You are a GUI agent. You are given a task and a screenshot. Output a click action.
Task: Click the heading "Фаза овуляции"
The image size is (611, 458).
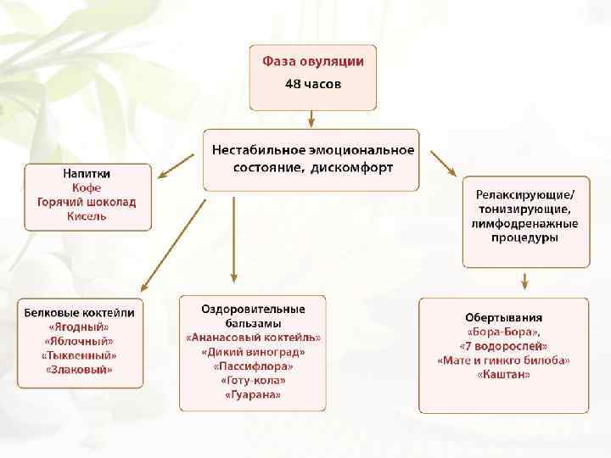pos(312,61)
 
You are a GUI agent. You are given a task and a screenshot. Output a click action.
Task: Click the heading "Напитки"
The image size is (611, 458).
pos(87,173)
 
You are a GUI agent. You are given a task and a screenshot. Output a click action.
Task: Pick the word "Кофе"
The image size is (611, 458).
pos(87,187)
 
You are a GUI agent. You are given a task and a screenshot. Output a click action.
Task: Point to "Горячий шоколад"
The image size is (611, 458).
pos(87,202)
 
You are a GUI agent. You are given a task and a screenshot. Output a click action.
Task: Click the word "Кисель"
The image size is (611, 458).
pos(87,216)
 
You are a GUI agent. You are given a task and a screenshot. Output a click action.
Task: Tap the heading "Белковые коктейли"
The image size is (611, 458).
pos(79,311)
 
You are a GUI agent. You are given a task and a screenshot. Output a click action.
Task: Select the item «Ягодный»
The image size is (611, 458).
pos(79,327)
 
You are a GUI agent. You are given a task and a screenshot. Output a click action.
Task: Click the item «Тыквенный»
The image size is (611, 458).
pos(79,355)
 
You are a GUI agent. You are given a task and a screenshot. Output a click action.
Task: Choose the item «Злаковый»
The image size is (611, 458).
pos(79,370)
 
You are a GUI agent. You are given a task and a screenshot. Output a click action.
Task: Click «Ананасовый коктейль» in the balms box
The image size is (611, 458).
pos(253,337)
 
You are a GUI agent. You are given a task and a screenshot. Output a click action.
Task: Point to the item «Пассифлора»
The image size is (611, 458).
pos(253,366)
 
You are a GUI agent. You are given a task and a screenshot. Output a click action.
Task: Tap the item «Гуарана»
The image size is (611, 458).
pos(253,395)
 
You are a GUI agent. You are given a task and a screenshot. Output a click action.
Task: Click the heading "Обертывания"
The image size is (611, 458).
pos(504,317)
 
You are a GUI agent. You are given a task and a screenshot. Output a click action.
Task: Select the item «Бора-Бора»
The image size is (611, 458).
pos(504,332)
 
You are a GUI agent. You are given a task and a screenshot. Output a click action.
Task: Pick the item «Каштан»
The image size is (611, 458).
pos(504,375)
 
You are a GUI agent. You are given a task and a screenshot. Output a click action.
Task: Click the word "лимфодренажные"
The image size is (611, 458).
pos(525,224)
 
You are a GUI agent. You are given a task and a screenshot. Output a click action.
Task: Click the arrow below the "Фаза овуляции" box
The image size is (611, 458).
pos(312,118)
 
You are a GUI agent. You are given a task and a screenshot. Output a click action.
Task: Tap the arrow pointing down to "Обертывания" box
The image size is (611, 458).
pos(525,281)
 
